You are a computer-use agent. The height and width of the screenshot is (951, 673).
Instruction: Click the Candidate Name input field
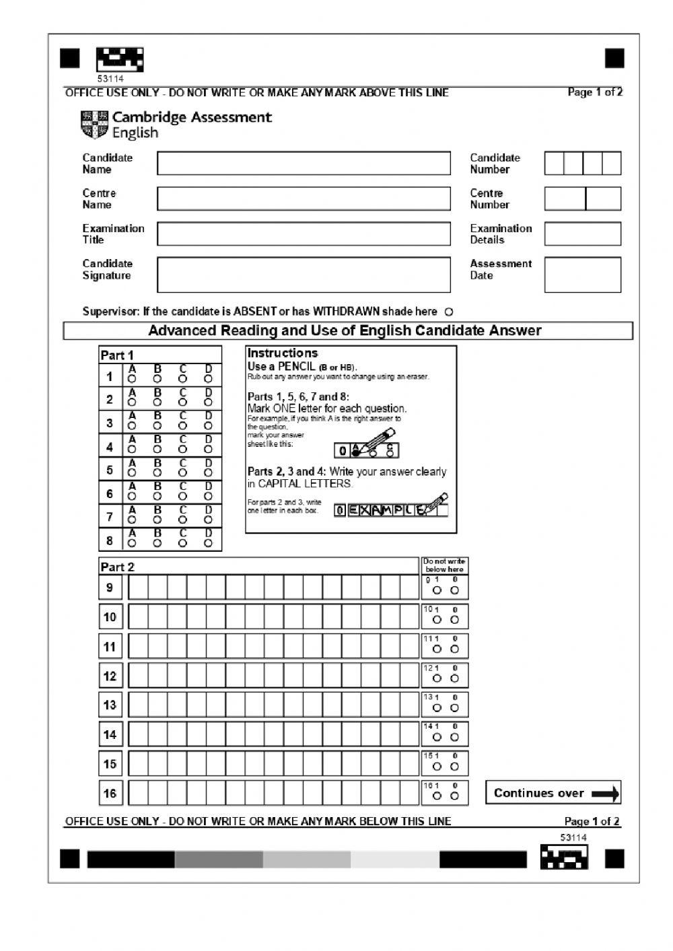(x=304, y=164)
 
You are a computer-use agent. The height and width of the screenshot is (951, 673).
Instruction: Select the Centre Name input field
(x=304, y=199)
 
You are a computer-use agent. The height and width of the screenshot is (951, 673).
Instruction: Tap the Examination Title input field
(x=304, y=234)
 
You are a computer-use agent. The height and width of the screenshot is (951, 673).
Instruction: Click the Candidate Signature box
(x=304, y=275)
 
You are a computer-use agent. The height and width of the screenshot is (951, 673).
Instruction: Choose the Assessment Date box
(x=582, y=275)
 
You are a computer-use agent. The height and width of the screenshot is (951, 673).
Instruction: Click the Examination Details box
(x=582, y=234)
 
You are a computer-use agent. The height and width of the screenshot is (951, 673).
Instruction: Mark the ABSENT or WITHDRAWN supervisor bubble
(x=450, y=312)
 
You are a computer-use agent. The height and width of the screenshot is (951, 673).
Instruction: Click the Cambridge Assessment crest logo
(x=94, y=125)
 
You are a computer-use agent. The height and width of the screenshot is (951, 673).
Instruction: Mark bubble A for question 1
(x=132, y=380)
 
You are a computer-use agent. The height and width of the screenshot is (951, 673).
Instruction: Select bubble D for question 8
(x=209, y=542)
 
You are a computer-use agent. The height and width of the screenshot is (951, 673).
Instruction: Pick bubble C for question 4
(x=183, y=450)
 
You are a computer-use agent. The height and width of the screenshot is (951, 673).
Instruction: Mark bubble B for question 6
(x=157, y=497)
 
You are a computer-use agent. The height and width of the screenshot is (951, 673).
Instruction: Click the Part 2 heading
(x=117, y=567)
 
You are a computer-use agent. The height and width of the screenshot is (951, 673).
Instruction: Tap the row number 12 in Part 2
(x=110, y=676)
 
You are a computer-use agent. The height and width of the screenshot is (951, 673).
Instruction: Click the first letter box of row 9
(x=138, y=588)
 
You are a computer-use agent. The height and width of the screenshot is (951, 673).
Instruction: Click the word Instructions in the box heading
(x=282, y=353)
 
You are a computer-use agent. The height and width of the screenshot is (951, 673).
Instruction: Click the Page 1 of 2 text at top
(x=595, y=92)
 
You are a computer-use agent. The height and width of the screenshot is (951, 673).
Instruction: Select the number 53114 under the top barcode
(x=110, y=79)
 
